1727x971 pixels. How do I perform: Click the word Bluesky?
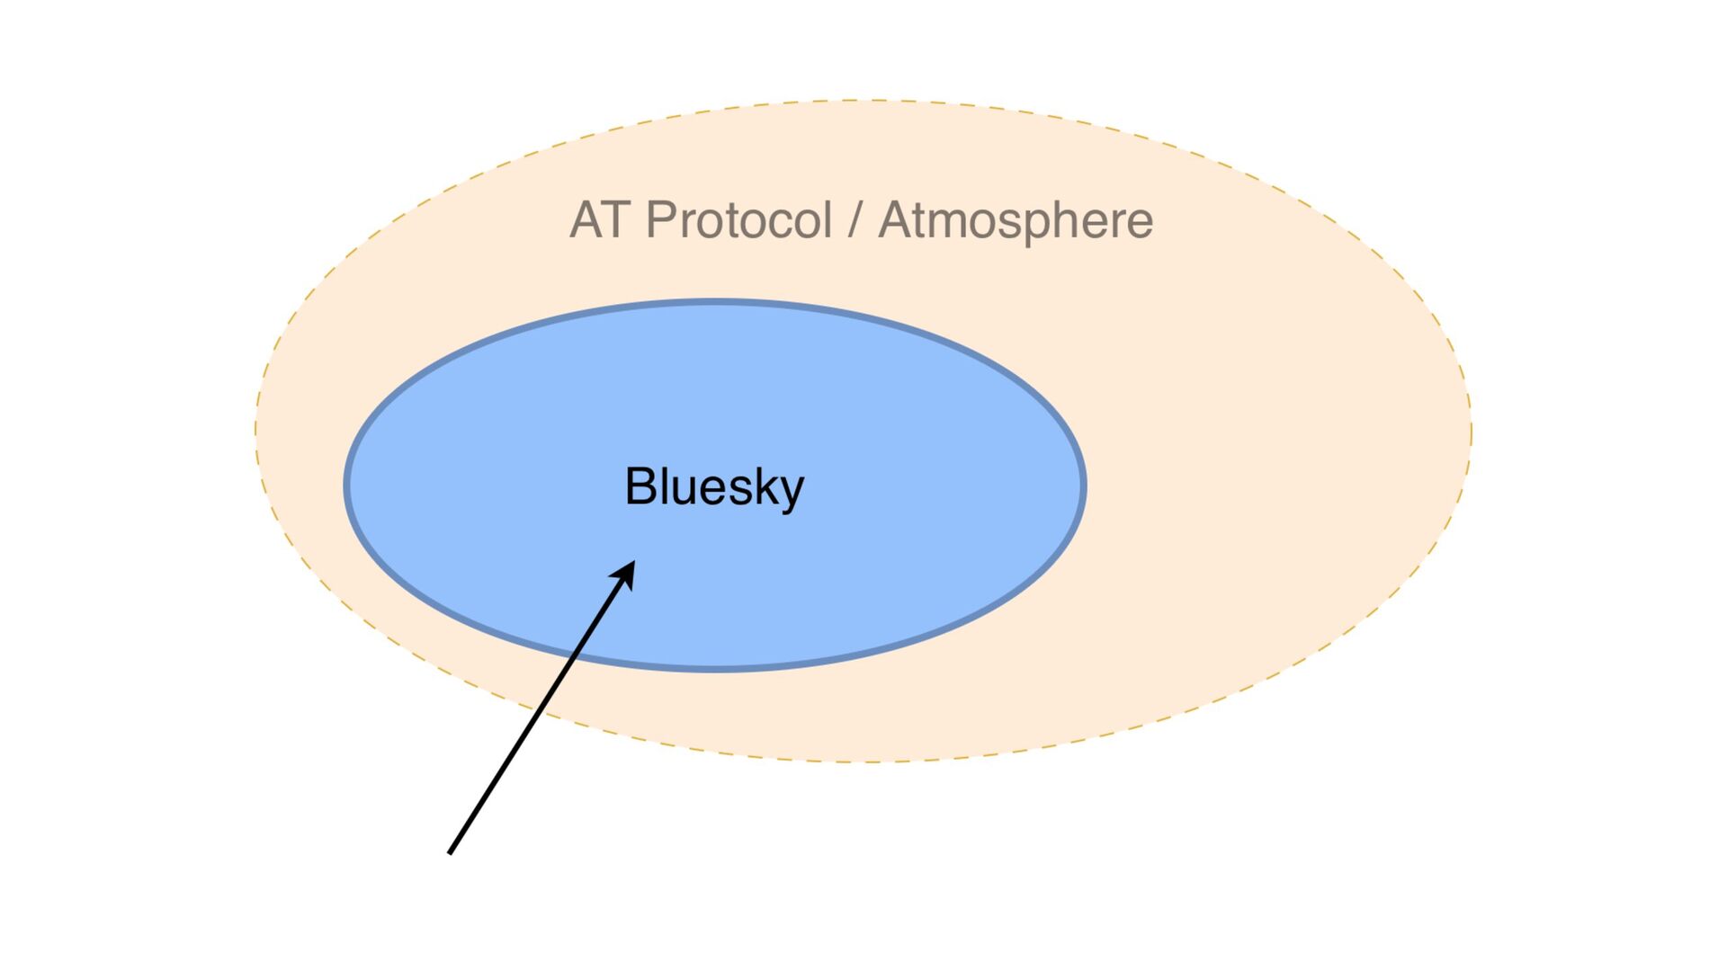[714, 487]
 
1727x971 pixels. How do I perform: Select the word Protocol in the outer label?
[738, 220]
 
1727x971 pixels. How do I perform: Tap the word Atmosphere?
[1016, 220]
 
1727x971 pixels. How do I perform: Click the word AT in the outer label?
[598, 220]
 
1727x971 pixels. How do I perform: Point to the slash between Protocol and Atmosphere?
[855, 221]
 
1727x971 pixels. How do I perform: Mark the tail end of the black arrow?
[450, 852]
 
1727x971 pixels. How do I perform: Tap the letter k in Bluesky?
[765, 486]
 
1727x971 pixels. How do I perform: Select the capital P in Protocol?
[661, 220]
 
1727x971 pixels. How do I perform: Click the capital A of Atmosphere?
[896, 220]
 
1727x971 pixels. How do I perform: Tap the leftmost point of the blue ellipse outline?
[346, 485]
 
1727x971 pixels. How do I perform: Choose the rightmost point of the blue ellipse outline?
[1085, 485]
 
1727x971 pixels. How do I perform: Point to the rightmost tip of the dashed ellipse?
[1472, 432]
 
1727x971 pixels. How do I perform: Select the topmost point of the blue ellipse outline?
[716, 302]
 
